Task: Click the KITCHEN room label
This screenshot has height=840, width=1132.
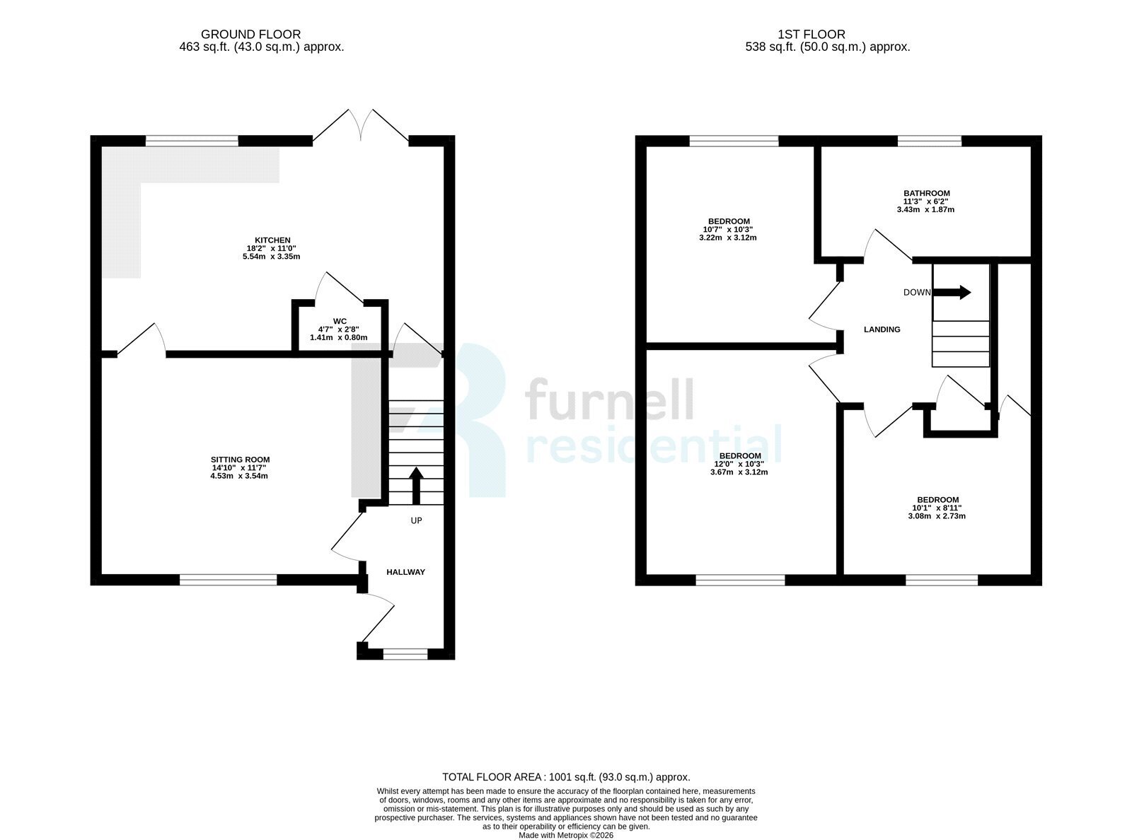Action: (272, 240)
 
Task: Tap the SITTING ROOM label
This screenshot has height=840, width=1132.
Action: (241, 460)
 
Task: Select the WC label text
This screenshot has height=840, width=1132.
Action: (340, 321)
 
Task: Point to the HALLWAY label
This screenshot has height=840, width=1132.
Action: (405, 572)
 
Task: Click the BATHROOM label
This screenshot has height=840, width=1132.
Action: (927, 193)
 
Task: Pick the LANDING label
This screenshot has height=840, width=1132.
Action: (882, 329)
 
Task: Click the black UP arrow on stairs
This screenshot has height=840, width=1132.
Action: (417, 485)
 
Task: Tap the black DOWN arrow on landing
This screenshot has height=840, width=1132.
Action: (952, 292)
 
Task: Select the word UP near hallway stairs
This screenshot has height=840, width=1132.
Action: (417, 520)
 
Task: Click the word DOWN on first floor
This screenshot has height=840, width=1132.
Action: (917, 293)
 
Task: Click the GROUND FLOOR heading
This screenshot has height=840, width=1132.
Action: (250, 34)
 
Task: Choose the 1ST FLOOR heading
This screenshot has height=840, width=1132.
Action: (812, 34)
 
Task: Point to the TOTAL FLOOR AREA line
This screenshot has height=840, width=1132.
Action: (566, 777)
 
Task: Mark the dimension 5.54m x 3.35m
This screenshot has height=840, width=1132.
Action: (272, 257)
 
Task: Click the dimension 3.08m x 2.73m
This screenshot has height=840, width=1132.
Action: (937, 516)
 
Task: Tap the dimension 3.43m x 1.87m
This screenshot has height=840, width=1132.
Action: (926, 209)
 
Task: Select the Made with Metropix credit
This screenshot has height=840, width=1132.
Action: (566, 836)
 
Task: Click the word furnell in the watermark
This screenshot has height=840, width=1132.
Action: (609, 399)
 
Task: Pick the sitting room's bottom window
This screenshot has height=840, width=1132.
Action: (228, 580)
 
